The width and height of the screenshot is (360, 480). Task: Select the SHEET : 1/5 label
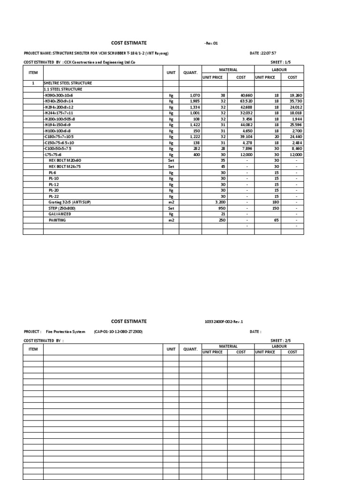[281, 62]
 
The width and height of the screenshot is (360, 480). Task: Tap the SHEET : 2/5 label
[281, 340]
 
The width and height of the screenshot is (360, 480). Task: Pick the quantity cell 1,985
[195, 101]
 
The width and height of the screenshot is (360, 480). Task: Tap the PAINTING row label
[57, 220]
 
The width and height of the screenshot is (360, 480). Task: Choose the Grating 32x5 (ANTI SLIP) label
[69, 202]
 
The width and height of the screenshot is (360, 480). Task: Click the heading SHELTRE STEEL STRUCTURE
[67, 83]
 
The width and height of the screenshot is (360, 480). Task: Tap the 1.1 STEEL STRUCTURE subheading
[63, 89]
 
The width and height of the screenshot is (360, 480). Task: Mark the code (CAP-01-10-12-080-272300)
[118, 331]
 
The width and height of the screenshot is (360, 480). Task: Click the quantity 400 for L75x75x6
[195, 154]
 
